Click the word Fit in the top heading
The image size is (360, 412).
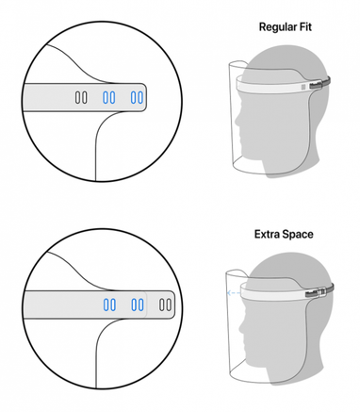click(305, 26)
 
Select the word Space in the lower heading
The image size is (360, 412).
click(298, 235)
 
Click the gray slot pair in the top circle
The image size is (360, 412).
click(81, 97)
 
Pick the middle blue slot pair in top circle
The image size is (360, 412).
click(109, 97)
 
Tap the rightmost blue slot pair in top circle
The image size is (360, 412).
click(137, 97)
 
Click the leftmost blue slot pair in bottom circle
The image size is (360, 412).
click(110, 305)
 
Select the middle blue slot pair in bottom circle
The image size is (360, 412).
click(138, 305)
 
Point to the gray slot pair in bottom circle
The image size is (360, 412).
click(165, 305)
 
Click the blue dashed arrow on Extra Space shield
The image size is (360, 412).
click(234, 293)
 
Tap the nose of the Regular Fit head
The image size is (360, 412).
click(237, 122)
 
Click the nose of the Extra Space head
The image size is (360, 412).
click(241, 327)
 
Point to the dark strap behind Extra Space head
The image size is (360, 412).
click(327, 289)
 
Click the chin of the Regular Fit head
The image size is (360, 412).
click(245, 148)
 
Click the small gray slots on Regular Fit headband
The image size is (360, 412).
click(304, 87)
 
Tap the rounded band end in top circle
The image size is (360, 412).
click(143, 97)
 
